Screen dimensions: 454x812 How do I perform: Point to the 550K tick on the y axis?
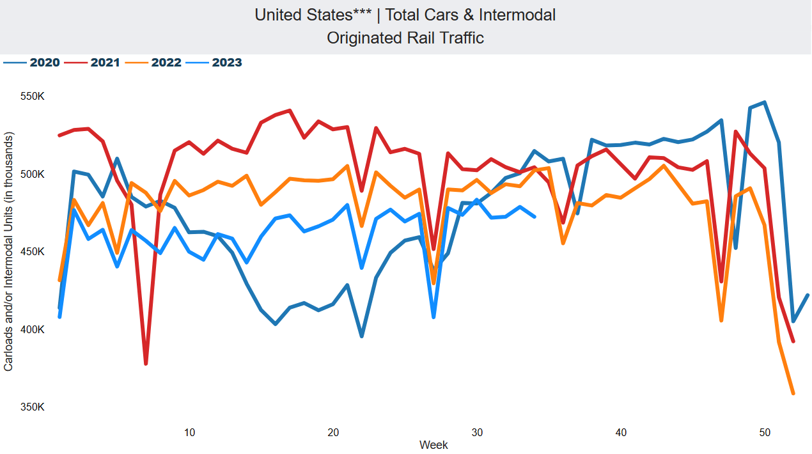click(x=33, y=97)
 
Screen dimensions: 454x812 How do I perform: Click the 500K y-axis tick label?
click(x=33, y=174)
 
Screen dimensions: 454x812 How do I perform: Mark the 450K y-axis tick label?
click(x=33, y=252)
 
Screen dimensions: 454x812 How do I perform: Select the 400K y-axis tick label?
click(x=33, y=329)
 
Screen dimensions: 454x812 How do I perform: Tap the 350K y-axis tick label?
click(x=33, y=407)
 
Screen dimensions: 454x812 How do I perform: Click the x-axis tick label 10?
click(x=189, y=432)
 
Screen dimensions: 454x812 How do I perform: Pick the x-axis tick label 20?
click(x=333, y=432)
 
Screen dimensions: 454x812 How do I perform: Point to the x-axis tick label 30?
click(x=477, y=432)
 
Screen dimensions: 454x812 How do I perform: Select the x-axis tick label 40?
click(x=621, y=432)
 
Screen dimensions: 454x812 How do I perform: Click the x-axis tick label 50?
click(x=765, y=432)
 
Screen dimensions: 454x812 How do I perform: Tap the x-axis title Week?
click(x=433, y=445)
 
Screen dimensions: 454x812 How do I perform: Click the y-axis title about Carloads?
click(x=8, y=252)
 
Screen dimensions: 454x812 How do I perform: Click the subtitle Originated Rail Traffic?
click(x=405, y=38)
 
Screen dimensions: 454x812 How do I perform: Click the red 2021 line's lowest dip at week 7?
click(x=146, y=363)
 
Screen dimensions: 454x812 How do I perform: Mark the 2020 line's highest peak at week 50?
click(x=765, y=102)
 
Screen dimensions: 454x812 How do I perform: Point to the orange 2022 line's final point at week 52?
click(x=793, y=393)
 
